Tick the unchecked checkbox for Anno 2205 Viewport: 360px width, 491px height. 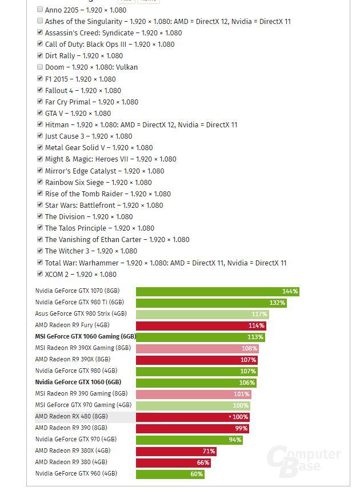(40, 9)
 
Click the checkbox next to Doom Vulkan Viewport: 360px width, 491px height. (40, 67)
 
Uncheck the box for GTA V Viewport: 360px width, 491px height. (40, 113)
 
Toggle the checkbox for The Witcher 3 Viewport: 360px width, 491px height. (40, 251)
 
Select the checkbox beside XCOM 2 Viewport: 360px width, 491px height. (40, 274)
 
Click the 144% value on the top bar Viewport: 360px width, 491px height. (290, 291)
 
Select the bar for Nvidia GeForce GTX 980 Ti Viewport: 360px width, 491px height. (210, 303)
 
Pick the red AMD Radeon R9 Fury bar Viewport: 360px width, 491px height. (200, 325)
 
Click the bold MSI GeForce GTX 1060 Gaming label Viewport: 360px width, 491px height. (85, 337)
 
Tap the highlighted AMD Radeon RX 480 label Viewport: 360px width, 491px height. (71, 417)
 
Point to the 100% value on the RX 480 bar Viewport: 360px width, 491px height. (239, 417)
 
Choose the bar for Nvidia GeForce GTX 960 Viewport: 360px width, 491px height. (170, 474)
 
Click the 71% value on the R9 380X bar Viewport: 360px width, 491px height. (209, 451)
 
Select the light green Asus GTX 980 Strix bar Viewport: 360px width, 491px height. (201, 314)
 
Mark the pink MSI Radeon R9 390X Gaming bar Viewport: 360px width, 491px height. (197, 348)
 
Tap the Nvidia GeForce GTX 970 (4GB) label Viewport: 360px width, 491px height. (75, 440)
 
